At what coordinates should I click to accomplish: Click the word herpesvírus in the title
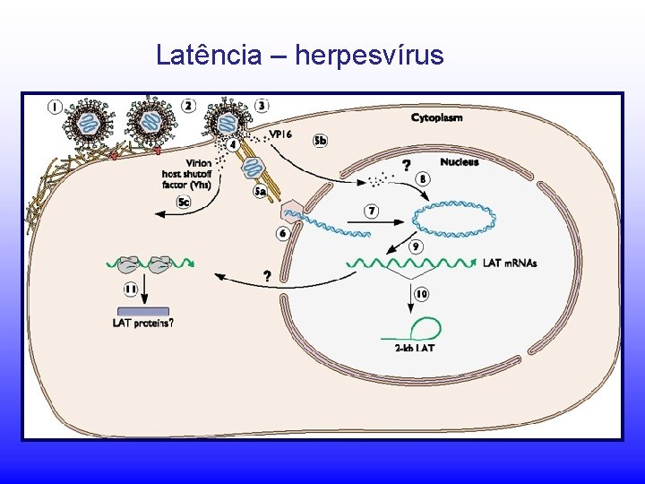pos(369,56)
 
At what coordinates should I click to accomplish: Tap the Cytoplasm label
pos(436,117)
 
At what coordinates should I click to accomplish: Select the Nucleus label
pos(459,162)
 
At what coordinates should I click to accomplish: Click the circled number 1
pos(56,107)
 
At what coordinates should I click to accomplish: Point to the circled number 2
pos(187,105)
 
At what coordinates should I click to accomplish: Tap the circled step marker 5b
pos(321,141)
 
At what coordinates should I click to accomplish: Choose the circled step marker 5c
pos(184,203)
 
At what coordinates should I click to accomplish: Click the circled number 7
pos(372,212)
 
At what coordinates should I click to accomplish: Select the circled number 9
pos(416,246)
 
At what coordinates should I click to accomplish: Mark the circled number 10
pos(421,293)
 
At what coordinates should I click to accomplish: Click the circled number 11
pos(131,290)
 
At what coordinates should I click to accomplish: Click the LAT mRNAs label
pos(510,263)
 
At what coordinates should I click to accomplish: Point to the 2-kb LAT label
pos(414,348)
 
